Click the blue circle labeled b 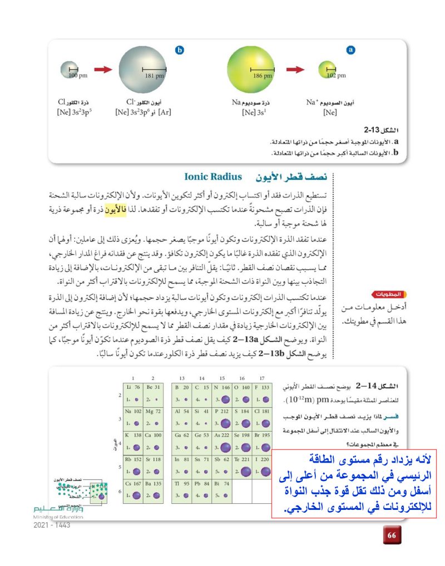click(179, 51)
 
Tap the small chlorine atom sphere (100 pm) click(71, 70)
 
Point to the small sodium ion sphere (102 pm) click(328, 70)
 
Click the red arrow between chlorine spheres click(103, 69)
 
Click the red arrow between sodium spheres click(295, 69)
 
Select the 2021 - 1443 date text click(52, 525)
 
